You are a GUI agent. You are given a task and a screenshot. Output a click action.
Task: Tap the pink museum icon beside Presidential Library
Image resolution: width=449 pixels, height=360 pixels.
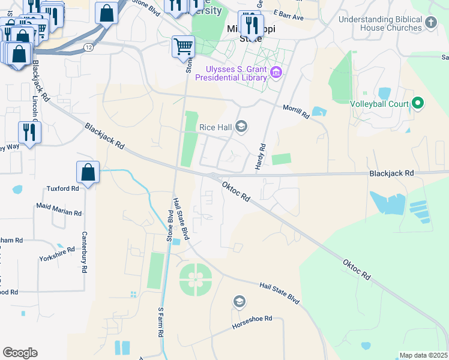[276, 74]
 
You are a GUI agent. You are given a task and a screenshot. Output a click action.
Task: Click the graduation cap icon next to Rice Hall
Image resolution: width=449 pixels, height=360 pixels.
[241, 126]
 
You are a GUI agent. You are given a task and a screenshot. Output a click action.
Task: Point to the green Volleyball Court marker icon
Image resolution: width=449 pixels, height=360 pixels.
[418, 104]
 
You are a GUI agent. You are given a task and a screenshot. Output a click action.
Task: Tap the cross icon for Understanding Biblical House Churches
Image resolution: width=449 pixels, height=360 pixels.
[430, 23]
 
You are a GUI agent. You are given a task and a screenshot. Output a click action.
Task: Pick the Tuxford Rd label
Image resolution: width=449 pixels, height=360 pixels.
[62, 188]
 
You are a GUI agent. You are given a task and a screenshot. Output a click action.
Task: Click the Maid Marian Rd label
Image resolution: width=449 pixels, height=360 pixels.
[59, 209]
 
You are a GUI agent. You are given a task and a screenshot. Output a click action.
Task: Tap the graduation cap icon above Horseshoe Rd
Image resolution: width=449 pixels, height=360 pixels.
[239, 302]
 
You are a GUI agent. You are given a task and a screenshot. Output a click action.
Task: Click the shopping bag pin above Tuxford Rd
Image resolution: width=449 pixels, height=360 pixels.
[88, 173]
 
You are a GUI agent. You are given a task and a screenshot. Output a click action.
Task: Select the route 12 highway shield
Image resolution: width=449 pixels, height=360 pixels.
[89, 46]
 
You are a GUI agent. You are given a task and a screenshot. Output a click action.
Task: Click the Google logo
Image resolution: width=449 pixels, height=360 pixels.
[20, 353]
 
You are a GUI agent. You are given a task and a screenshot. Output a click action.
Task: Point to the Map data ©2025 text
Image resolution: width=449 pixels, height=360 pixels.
[423, 356]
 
